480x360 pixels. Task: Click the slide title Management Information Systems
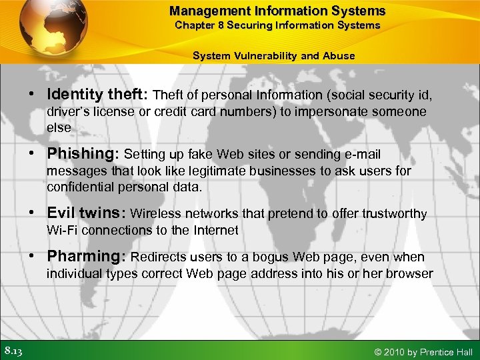coord(277,11)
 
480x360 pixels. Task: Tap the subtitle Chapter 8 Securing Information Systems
coord(277,25)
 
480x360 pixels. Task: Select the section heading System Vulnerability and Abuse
coord(273,55)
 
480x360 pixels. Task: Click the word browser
coord(411,273)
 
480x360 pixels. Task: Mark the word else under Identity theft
coord(58,127)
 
